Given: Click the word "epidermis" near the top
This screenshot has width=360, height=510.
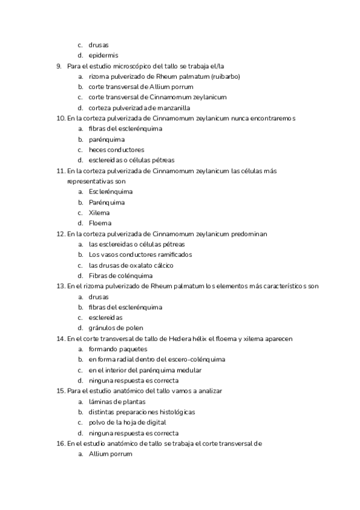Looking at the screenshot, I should tap(103, 55).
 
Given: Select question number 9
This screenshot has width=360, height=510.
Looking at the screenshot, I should tap(58, 66).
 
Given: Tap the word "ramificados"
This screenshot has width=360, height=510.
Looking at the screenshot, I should tap(171, 254).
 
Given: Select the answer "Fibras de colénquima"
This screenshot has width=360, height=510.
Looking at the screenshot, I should tap(120, 275).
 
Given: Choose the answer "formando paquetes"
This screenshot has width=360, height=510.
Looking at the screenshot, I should tap(117, 349).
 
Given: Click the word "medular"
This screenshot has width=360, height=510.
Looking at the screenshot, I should tap(188, 370).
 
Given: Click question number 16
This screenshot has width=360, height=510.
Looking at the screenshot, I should tap(59, 443).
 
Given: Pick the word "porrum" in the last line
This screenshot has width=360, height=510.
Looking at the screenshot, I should tap(119, 454).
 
